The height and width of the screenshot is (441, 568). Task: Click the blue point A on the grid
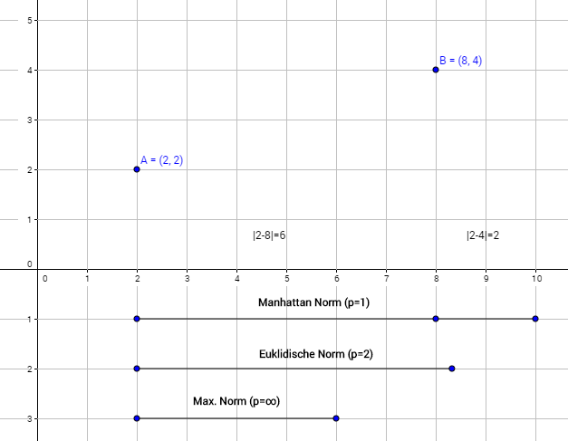point(137,169)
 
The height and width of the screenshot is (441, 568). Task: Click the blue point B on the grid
point(436,70)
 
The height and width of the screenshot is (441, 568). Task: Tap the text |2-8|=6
point(269,235)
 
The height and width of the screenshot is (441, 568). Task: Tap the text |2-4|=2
point(483,235)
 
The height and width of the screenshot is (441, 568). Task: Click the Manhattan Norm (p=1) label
point(313,302)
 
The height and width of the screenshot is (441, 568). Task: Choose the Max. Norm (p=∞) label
point(236,400)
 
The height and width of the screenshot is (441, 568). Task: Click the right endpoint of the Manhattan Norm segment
point(535,319)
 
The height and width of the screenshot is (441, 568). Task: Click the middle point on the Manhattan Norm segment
point(436,319)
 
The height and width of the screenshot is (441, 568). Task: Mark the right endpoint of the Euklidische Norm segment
point(452,369)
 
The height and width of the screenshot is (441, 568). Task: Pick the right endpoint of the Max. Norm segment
point(336,418)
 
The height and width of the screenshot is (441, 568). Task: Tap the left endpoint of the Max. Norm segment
point(137,418)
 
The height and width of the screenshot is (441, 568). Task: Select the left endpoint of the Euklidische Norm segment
point(137,369)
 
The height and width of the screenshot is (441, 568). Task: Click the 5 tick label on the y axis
point(31,20)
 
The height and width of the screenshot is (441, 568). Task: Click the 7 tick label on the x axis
point(387,279)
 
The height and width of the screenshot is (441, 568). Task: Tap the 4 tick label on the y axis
point(31,70)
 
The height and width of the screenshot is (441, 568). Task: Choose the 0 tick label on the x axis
point(44,279)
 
